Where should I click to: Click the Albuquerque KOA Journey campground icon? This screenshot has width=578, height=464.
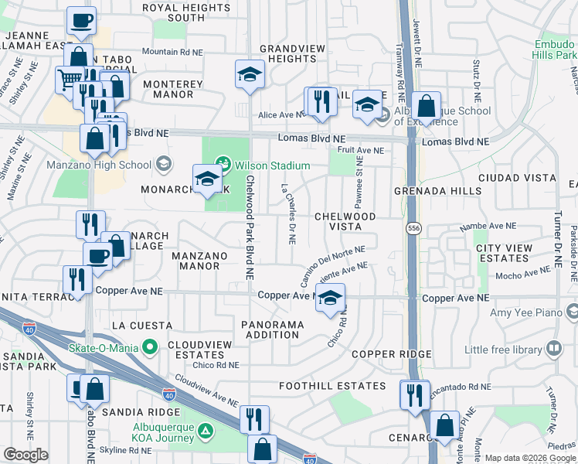tap(206, 431)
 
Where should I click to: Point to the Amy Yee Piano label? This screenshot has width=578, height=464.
tap(527, 312)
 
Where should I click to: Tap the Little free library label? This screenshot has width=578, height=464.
tap(503, 350)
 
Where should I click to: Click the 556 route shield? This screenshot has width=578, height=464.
tap(414, 230)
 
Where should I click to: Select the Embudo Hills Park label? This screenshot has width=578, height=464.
tap(555, 50)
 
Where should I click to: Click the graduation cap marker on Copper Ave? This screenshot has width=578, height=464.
tap(330, 299)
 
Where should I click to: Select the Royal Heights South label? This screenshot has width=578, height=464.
tap(175, 12)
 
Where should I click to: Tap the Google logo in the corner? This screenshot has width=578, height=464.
tap(25, 455)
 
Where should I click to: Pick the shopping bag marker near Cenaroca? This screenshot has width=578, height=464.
tap(445, 425)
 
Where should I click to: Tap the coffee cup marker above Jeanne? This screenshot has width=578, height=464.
tap(81, 21)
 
